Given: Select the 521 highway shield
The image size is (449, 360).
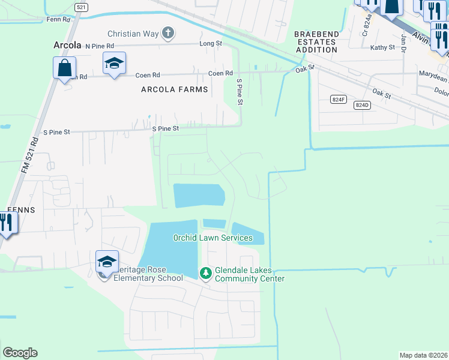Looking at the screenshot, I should pos(81,7).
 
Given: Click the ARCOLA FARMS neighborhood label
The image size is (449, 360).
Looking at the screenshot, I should pos(174,89).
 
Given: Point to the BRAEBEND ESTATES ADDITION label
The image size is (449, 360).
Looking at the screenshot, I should pos(316,42).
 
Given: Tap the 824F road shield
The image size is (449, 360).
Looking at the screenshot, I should pos(339,100).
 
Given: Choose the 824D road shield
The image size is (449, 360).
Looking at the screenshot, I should pos(361,105).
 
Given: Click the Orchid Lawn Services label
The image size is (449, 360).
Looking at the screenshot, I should pos(213,238).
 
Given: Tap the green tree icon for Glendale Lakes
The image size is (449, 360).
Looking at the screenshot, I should pos(205,274).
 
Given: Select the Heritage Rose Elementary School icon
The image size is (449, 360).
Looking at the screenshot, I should pos(107,262).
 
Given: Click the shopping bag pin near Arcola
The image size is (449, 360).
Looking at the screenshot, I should pos(64,67).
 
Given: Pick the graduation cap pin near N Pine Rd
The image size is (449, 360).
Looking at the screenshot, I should pos(114,63).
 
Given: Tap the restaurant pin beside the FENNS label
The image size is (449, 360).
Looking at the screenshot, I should pos(6,223).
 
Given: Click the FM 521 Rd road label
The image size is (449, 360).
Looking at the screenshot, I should pos(30,155).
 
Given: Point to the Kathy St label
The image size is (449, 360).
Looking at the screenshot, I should pos(382,47).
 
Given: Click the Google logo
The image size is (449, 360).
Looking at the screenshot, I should pos(20,353).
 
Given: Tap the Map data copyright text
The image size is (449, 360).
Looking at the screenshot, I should pos(424,355).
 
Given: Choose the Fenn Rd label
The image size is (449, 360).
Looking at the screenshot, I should pos(58,19).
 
